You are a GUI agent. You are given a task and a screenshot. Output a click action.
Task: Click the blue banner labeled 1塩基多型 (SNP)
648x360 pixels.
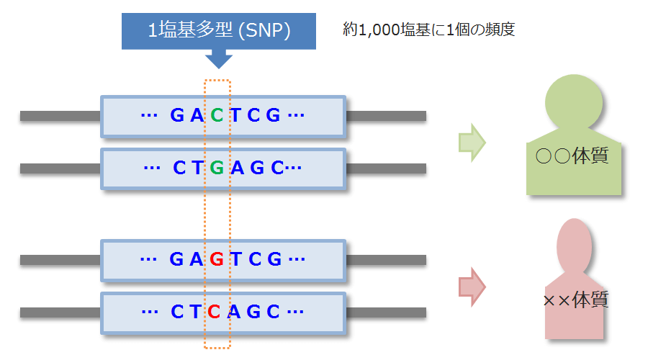(218, 30)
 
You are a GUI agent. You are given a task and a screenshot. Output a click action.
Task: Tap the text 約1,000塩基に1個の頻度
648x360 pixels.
(429, 30)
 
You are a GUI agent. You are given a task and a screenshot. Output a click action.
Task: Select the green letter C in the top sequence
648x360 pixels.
(217, 115)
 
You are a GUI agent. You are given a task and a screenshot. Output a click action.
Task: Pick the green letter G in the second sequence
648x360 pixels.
(217, 168)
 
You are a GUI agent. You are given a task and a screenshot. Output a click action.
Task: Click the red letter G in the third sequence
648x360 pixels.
(217, 259)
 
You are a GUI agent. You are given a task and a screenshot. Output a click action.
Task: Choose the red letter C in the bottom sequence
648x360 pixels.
(214, 312)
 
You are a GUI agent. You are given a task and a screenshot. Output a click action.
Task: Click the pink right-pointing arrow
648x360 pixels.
(472, 287)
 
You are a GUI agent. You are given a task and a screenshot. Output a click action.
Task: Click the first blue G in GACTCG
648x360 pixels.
(177, 115)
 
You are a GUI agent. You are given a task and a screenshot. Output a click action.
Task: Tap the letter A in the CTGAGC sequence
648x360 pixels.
(237, 168)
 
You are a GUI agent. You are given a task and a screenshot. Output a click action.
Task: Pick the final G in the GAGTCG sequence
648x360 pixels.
(274, 259)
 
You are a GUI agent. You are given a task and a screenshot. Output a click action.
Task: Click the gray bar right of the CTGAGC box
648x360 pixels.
(386, 168)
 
